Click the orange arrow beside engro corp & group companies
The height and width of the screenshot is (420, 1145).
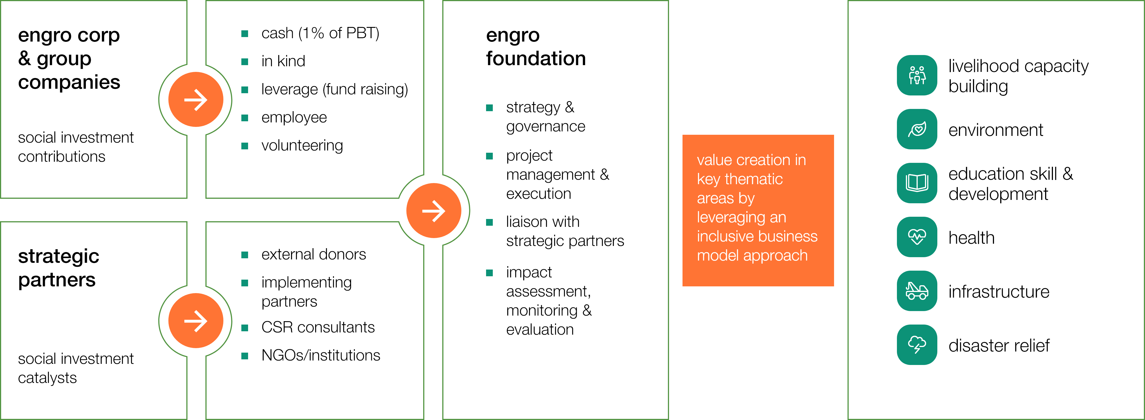196,100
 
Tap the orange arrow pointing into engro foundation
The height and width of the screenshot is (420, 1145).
434,211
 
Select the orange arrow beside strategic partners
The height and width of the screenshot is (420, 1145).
196,320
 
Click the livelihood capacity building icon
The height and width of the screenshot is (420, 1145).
917,75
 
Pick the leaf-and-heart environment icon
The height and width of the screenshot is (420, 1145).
917,129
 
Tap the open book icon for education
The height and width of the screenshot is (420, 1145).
917,183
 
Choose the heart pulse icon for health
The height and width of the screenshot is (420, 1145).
917,237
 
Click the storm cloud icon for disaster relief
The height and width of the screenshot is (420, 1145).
917,345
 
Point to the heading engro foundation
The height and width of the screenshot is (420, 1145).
536,47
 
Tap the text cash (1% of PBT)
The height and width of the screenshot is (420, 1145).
320,33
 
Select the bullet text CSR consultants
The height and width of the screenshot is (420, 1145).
318,327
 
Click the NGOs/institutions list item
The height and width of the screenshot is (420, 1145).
320,355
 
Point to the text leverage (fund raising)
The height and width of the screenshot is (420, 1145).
334,89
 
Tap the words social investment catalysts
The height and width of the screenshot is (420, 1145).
75,368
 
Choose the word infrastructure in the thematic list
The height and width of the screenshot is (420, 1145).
999,291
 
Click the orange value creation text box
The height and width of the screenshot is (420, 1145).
758,211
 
